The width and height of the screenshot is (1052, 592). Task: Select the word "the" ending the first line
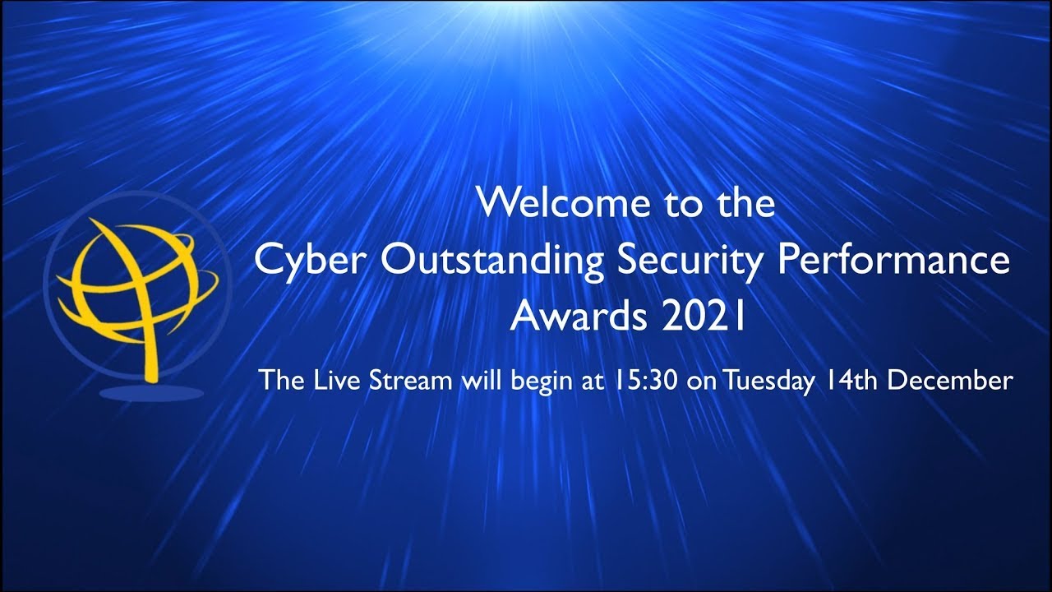coord(746,203)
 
